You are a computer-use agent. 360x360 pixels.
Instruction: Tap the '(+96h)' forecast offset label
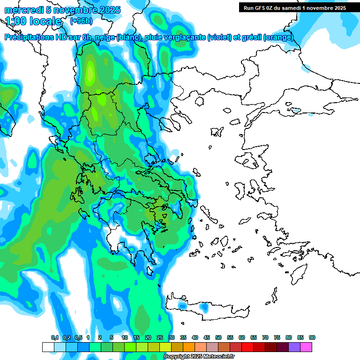pos(81,21)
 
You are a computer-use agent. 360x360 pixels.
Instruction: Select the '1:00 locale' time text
pos(34,21)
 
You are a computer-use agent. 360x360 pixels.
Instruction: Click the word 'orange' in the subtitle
pos(280,37)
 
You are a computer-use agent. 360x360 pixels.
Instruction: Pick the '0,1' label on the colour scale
pos(55,338)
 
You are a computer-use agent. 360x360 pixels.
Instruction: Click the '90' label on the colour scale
pos(312,338)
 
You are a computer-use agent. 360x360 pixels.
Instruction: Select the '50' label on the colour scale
pos(218,338)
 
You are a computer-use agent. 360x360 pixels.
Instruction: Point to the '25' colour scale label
pos(160,338)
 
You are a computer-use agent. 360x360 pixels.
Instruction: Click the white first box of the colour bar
pos(48,347)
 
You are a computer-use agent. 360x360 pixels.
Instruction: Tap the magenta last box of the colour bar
pos(306,347)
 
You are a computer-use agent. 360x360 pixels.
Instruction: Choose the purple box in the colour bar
pos(294,347)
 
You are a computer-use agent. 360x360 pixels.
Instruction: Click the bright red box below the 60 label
pos(247,347)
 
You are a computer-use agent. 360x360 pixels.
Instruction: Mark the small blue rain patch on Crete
pos(204,307)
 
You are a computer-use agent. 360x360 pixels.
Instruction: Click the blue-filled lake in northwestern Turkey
pos(296,111)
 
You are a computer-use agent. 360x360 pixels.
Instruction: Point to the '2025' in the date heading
pos(108,10)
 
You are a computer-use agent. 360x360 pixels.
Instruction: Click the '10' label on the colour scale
pos(125,338)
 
